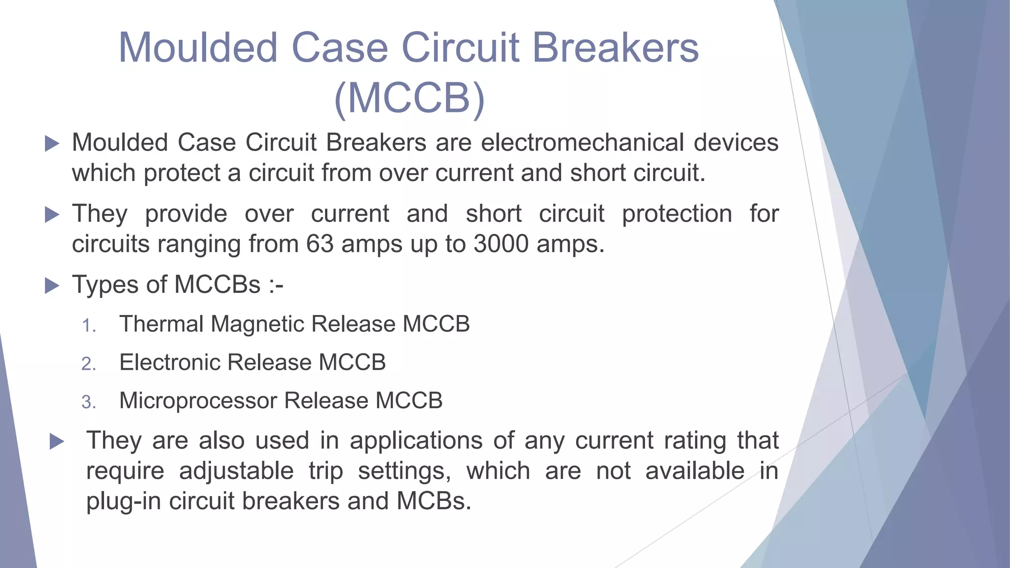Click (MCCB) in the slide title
[x=409, y=98]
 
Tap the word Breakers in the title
[x=615, y=48]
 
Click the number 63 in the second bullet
[x=320, y=244]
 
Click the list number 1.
[x=89, y=326]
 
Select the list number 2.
[x=89, y=364]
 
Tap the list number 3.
[x=89, y=402]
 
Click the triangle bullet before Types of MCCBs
[x=52, y=285]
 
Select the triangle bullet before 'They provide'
[x=52, y=214]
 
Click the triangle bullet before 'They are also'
[x=57, y=441]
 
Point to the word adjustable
[x=236, y=471]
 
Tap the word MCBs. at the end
[x=433, y=501]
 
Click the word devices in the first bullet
[x=736, y=143]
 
